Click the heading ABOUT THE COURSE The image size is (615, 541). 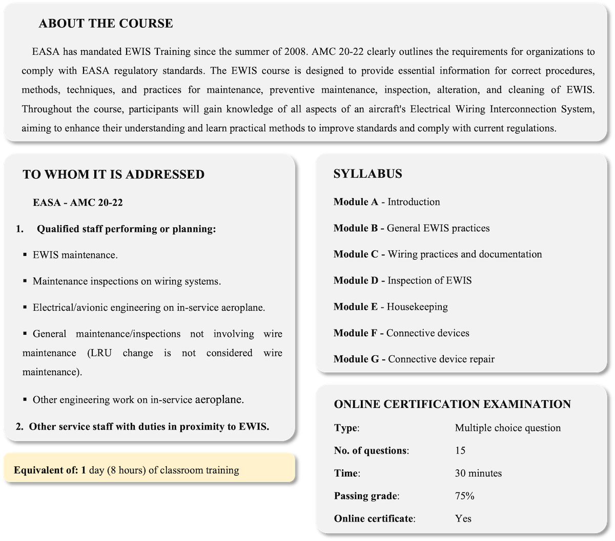coord(106,24)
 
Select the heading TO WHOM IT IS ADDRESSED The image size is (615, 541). coord(113,175)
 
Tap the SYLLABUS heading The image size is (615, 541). coord(367,174)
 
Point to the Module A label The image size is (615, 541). coord(356,202)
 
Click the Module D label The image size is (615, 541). coord(356,280)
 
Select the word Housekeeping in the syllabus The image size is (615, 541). coord(417,307)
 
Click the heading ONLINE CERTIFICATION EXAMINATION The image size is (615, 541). coord(452,404)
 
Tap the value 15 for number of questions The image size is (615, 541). coord(460,450)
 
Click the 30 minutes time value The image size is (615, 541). coord(478,473)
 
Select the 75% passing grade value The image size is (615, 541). coord(464,496)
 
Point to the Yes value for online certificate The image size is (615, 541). coord(463,518)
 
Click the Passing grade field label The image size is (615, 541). coord(366,496)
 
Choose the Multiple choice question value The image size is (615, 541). coord(507,428)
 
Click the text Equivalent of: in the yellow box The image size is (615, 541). coord(46,470)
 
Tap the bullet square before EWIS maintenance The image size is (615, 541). coord(25,254)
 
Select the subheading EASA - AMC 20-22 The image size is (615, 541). coord(78,203)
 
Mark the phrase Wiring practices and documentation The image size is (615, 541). coord(464,254)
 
